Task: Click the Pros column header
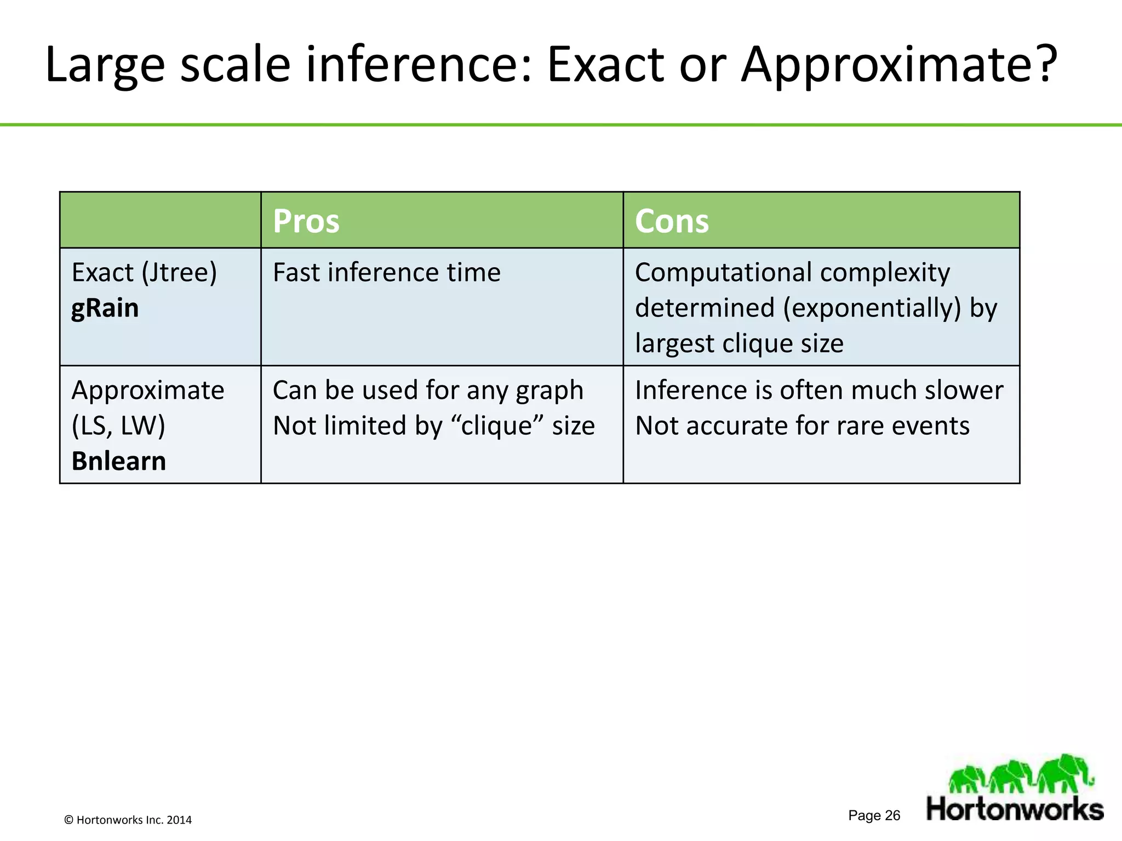point(306,221)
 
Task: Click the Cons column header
point(671,221)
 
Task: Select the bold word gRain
point(105,308)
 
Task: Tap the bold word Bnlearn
point(118,461)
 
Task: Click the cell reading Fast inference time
point(386,273)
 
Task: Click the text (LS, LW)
point(118,425)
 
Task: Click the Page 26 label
point(874,815)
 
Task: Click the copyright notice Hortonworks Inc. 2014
point(128,820)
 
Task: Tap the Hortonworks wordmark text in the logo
point(1015,809)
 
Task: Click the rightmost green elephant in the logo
point(1066,773)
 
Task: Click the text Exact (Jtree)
point(144,273)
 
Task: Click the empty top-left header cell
point(160,220)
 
